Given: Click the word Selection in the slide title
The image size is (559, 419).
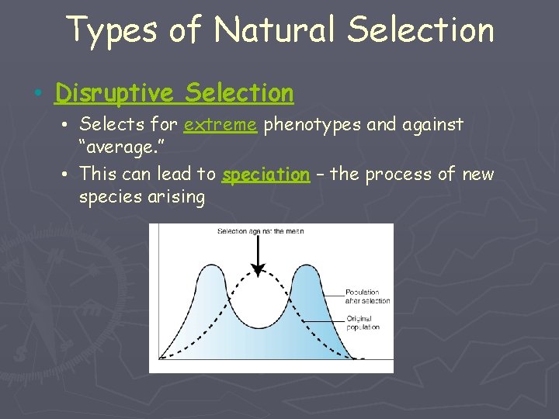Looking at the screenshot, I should [422, 30].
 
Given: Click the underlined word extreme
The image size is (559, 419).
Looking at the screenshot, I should [220, 124].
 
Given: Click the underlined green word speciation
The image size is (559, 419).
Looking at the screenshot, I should [266, 175].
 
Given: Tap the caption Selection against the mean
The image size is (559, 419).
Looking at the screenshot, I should [260, 230].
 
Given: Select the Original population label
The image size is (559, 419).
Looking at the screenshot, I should [363, 323].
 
